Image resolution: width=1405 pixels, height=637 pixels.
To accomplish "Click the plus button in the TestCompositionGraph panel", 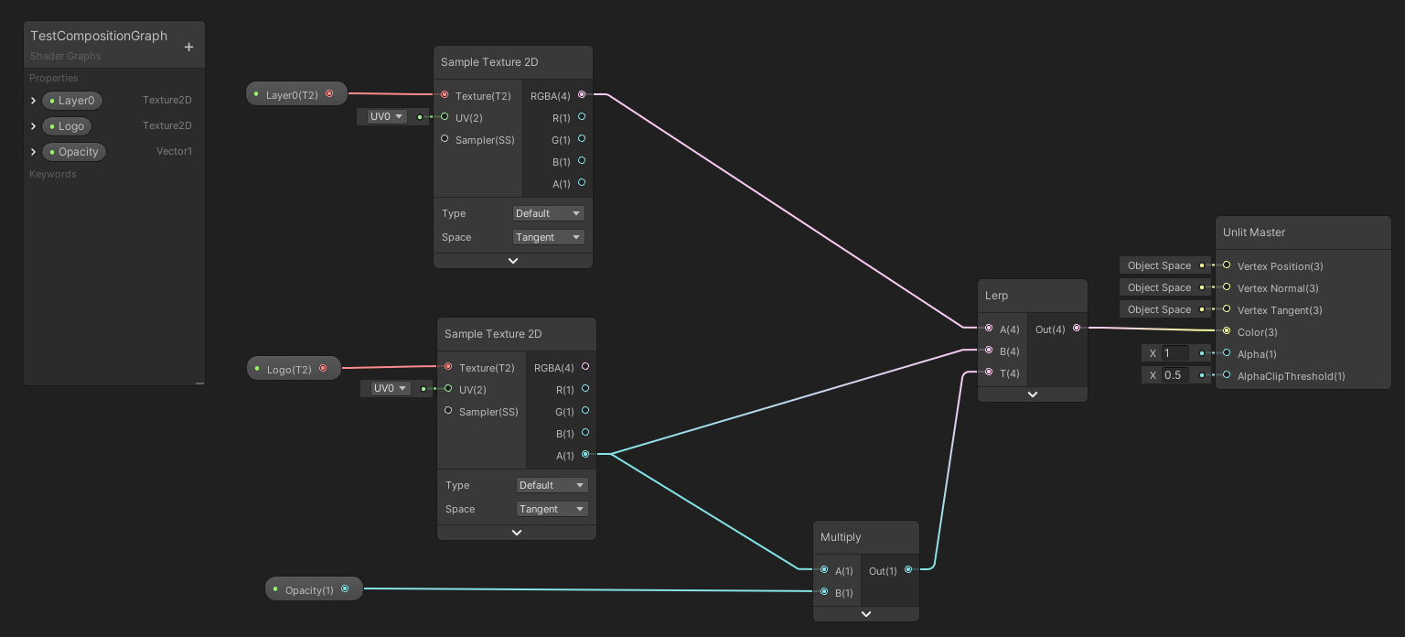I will (189, 47).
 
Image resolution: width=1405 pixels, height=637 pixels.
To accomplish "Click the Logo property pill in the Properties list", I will (70, 126).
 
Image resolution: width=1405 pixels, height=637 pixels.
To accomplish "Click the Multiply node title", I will (841, 537).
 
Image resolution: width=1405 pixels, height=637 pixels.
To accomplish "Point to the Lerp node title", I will (996, 296).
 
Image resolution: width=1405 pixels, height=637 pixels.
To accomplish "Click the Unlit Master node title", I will (1254, 232).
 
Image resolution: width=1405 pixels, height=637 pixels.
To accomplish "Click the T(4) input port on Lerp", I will (989, 372).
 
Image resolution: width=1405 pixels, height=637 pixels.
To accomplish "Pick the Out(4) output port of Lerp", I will (1076, 328).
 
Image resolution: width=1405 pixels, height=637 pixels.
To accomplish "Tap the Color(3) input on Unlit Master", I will (1227, 331).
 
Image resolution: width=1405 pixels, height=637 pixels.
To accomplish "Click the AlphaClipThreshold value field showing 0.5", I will (1174, 375).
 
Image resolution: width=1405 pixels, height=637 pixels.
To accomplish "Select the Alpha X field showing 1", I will (1174, 353).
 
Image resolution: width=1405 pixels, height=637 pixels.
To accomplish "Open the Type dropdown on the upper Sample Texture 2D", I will (548, 213).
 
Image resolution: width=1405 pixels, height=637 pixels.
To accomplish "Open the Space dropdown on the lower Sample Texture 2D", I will (552, 509).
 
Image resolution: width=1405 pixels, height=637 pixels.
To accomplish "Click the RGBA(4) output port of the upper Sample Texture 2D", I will (582, 94).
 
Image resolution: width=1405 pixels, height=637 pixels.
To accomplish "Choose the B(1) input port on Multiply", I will (824, 591).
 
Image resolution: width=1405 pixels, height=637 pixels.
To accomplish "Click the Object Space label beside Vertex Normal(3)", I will (1159, 287).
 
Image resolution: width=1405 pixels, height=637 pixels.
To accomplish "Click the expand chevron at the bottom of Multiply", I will (866, 614).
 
